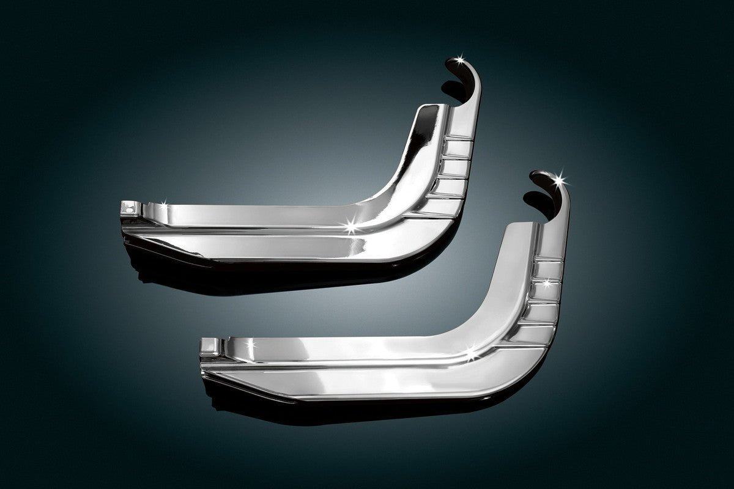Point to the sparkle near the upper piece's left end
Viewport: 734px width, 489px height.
[x=165, y=201]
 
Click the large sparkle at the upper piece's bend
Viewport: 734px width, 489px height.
[x=352, y=227]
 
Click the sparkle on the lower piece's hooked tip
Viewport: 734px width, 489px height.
[x=559, y=180]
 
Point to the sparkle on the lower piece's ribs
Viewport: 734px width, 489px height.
[x=546, y=283]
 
